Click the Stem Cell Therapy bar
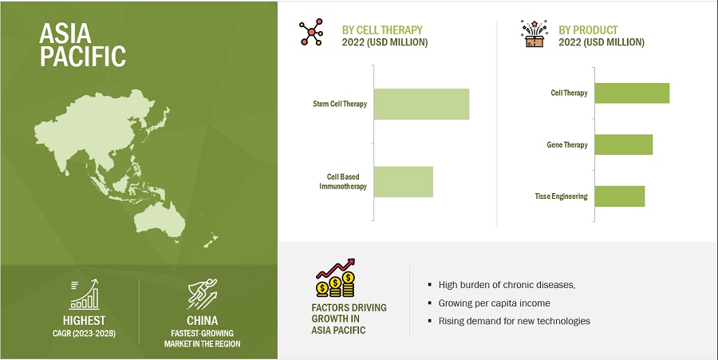[421, 104]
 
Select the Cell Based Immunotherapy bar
[404, 182]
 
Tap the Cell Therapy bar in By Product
[632, 93]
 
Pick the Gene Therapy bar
[624, 144]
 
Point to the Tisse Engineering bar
[620, 196]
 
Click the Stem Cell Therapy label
[340, 104]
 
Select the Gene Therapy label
[567, 144]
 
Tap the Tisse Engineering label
[561, 196]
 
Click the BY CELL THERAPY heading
[382, 30]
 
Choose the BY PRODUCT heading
[588, 30]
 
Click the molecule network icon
[311, 32]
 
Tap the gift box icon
[534, 34]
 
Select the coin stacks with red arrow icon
[336, 278]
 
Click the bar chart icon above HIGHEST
[84, 295]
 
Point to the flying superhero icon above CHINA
[202, 294]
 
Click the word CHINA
[202, 320]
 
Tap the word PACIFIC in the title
[83, 56]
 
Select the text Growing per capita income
[494, 303]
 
